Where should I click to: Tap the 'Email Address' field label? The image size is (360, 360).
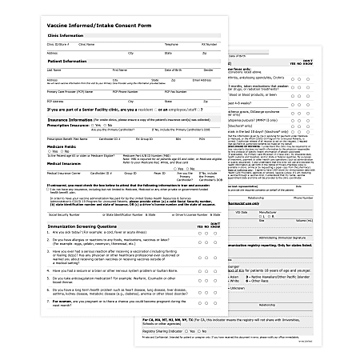(202, 79)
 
